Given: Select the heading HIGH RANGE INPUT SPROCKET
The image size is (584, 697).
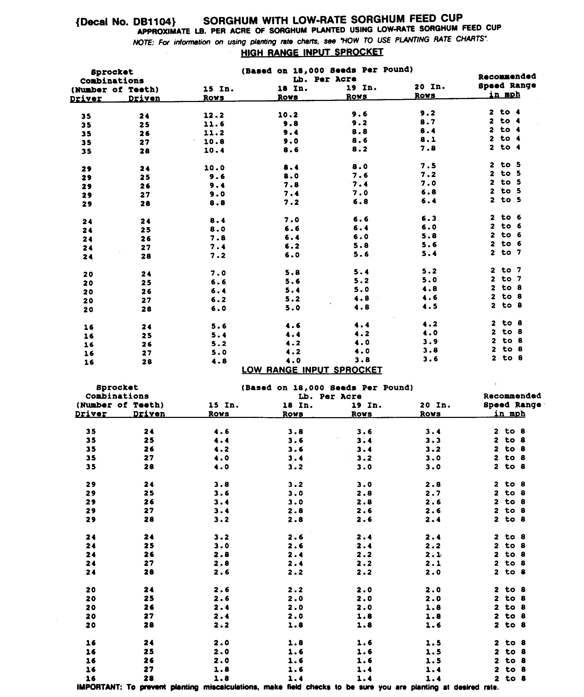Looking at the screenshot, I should pyautogui.click(x=312, y=53).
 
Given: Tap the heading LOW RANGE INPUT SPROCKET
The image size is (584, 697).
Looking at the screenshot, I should pyautogui.click(x=312, y=370).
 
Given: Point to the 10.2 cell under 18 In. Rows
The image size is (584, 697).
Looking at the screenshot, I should pyautogui.click(x=288, y=115).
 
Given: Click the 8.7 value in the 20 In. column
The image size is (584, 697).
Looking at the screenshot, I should pyautogui.click(x=427, y=122).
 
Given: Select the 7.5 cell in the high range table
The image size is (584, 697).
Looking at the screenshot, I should pyautogui.click(x=428, y=166).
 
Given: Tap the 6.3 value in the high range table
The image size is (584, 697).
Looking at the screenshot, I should pyautogui.click(x=429, y=219).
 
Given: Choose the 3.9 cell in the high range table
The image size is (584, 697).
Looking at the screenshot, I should pyautogui.click(x=430, y=342).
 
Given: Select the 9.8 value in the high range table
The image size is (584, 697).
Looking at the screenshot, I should pyautogui.click(x=291, y=124).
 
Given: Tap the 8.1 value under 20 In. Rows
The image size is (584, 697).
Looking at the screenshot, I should pyautogui.click(x=428, y=140).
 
